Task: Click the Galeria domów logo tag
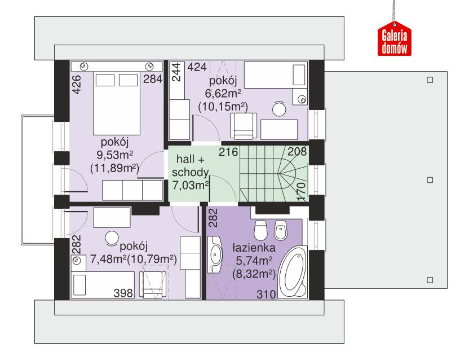pos(394,38)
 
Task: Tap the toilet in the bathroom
pos(260,230)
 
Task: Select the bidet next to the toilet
pos(280,231)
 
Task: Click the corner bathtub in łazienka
pos(293,272)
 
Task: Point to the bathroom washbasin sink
pos(215,254)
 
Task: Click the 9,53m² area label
pos(114,155)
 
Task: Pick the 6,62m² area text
pos(223,94)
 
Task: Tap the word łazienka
pos(254,248)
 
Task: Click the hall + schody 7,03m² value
pos(191,185)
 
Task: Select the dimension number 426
pos(77,85)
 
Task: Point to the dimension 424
pos(197,67)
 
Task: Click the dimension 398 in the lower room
pos(123,293)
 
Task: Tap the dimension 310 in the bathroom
pos(266,294)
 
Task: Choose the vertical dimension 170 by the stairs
pos(302,191)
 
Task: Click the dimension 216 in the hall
pos(228,152)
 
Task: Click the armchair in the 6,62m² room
pos(243,126)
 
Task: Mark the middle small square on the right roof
pos(430,180)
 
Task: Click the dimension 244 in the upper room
pos(176,72)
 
